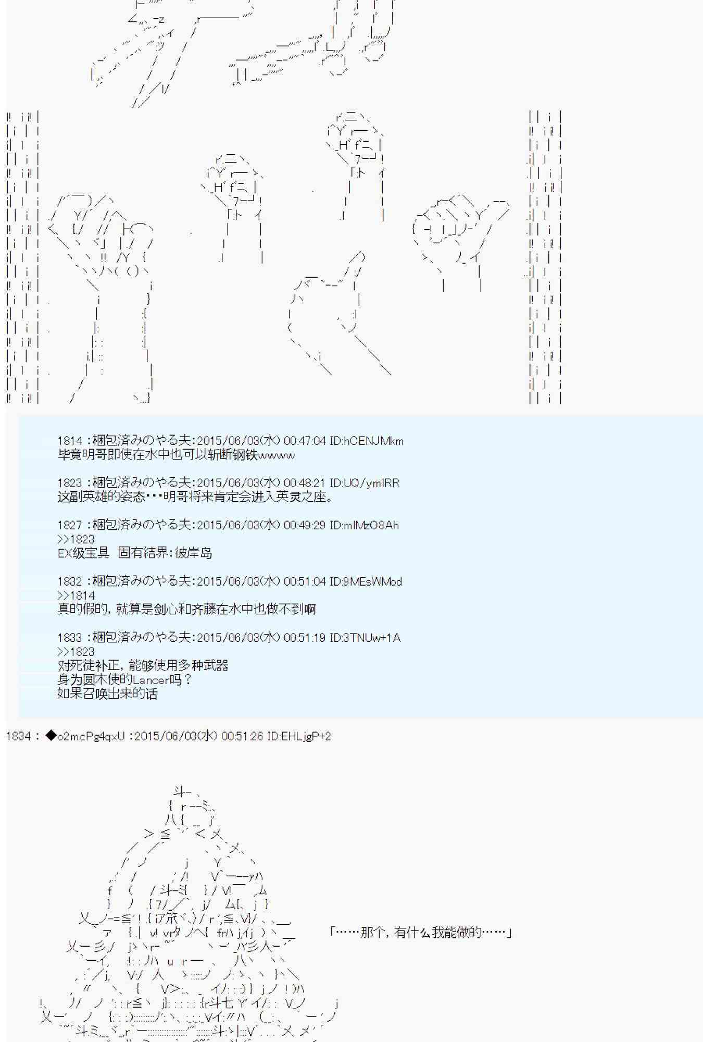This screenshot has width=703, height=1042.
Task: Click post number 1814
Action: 69,441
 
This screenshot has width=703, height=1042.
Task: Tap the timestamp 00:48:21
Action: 305,483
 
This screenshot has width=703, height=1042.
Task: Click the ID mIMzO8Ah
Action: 371,525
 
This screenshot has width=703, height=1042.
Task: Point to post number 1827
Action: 69,525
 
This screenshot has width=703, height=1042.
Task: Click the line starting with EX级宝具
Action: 135,553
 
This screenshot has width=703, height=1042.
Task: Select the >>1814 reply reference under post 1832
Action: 76,596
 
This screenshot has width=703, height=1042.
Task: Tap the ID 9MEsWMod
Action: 372,581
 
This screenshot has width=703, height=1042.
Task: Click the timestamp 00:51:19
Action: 305,638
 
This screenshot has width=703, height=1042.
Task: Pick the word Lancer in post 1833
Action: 150,680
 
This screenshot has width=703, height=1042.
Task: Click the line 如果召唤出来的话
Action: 107,694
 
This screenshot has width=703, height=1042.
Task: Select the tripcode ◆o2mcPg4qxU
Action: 85,736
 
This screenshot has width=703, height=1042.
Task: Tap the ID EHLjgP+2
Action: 299,736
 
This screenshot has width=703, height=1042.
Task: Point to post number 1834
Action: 18,736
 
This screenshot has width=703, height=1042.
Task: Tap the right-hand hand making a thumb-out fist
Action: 458,234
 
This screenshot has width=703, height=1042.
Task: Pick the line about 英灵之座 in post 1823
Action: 195,497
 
